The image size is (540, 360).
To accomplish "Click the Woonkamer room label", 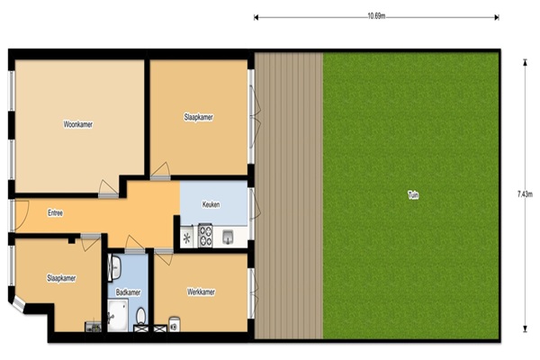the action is pos(77,124).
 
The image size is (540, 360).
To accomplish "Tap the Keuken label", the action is pos(211,204).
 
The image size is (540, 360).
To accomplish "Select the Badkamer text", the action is pos(128,292).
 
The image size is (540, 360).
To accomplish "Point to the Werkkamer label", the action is pos(201,292).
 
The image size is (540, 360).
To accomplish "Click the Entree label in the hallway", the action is pos(55,213).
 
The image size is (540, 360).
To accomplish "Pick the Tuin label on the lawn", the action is pos(413,195).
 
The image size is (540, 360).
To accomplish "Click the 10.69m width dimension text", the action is pos(376,16).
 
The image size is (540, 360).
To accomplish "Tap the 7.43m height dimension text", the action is pos(525,194).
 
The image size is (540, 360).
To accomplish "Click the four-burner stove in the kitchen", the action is pos(205,236).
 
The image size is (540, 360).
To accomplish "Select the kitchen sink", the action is pos(228,237).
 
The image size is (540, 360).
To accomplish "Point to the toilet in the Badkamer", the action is pos(140,317).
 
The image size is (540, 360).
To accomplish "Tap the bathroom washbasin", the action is pos(114,266).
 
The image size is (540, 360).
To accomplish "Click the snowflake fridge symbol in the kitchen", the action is pos(186,238).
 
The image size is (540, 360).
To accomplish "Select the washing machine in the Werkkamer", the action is pos(175,325).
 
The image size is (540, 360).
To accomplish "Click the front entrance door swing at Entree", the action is pos(22,215).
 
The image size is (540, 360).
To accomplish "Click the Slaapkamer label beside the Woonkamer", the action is pos(198,117).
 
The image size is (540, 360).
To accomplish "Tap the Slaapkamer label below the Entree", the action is pos(61,278).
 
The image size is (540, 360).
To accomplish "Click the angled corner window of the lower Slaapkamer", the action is pos(19,305).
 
